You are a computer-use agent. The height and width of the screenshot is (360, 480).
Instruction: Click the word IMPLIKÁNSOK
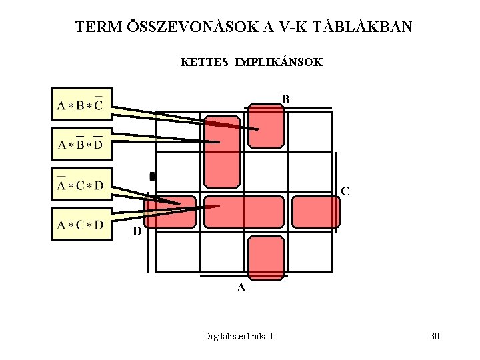(278, 62)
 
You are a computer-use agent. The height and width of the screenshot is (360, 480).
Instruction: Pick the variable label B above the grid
(285, 99)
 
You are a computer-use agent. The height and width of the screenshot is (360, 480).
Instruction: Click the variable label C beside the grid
(345, 191)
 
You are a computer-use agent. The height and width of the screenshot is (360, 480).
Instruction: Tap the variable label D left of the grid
(136, 233)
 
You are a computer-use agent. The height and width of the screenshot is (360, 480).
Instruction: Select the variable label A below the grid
(241, 288)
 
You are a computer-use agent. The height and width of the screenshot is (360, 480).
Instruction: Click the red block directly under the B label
(265, 127)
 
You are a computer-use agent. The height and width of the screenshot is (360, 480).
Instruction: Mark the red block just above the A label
(265, 256)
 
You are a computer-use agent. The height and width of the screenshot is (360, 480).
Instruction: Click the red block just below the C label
(315, 212)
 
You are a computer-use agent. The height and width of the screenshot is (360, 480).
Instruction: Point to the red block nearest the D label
(176, 212)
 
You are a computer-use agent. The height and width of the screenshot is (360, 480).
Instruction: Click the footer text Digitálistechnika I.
(239, 335)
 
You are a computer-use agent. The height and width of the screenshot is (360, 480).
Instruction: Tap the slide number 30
(434, 335)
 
